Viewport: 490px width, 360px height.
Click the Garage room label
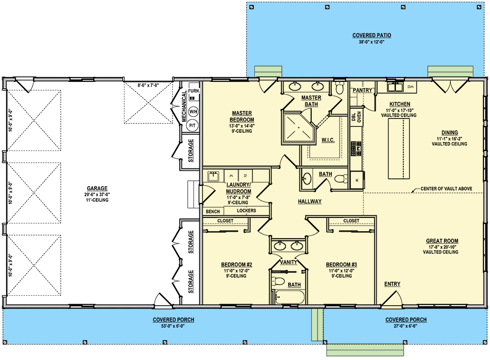point(97,188)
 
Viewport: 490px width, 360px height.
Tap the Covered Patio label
point(371,35)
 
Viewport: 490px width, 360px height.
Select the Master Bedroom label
point(242,116)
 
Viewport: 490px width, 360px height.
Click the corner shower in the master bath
point(297,129)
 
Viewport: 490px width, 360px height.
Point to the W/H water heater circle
point(193,112)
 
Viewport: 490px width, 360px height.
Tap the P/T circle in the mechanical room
point(193,125)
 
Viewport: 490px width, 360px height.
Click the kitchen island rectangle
point(399,149)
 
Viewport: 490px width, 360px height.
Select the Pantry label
point(363,90)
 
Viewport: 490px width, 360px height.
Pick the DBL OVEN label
point(356,116)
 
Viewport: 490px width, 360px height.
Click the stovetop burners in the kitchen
point(356,148)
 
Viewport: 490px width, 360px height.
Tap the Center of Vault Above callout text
point(446,189)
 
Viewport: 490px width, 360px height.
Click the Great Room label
point(442,241)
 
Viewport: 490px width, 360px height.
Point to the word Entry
point(392,284)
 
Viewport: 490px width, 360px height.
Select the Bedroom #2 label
point(237,264)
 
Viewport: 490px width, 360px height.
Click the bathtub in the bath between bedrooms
point(290,297)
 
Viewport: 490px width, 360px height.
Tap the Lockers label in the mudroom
point(246,211)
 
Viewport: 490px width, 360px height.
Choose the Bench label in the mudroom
point(213,212)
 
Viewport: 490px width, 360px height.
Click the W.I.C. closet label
point(328,140)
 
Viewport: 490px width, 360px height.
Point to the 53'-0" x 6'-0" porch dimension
point(173,326)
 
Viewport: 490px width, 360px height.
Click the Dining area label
point(450,133)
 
